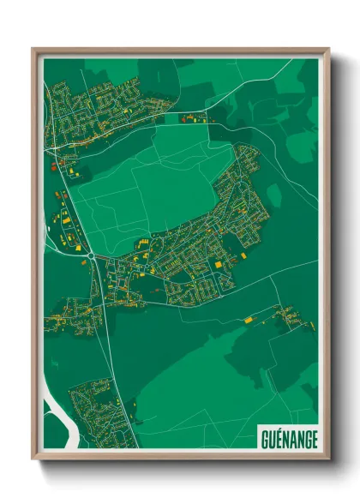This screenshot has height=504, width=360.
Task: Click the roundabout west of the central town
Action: click(90, 254)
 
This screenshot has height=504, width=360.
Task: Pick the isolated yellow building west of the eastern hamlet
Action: click(249, 320)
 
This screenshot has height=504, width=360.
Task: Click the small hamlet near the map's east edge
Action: click(291, 319)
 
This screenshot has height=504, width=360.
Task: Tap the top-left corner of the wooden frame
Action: click(33, 50)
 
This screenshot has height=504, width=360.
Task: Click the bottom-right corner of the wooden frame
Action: click(328, 459)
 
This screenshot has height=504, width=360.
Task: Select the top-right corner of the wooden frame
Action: click(328, 50)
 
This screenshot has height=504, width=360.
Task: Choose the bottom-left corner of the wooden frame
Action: click(33, 459)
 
